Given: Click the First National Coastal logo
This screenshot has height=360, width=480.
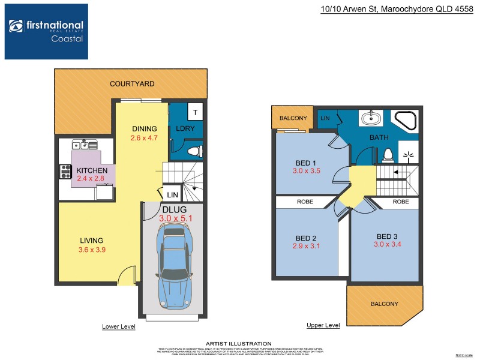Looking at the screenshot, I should [46, 31].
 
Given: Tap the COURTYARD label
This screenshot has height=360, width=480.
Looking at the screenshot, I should [132, 84].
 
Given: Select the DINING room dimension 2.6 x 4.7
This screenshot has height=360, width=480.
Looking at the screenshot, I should [143, 138].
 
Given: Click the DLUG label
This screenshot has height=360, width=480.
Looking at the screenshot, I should [175, 209].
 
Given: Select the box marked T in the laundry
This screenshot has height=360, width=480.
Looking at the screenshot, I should [195, 112].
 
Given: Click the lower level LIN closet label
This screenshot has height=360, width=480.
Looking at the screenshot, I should [172, 195].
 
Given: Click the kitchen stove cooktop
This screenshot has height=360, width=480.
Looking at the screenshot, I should [65, 172].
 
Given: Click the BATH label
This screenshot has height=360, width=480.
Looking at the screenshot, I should [379, 138].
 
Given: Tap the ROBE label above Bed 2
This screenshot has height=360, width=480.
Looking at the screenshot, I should [305, 202].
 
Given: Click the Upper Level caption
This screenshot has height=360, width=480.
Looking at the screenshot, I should [323, 325].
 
